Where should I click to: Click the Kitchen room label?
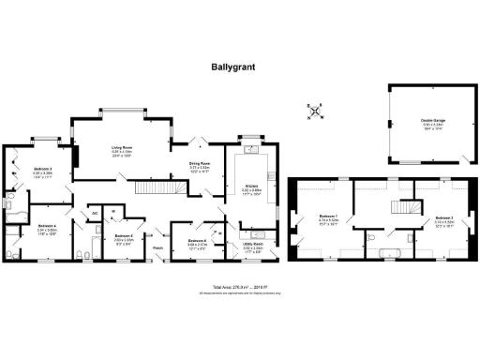click(250, 189)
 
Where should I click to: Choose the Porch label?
click(157, 247)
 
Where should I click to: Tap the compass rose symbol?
click(315, 112)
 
